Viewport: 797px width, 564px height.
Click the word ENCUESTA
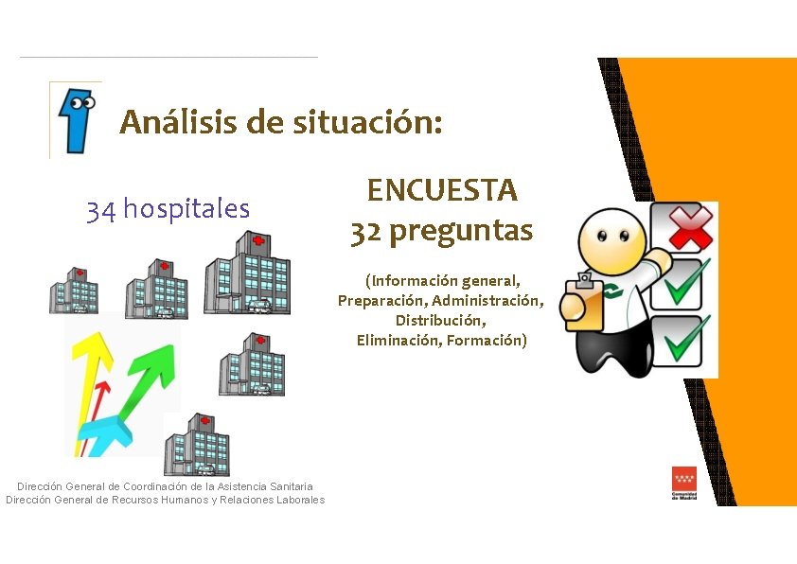coord(442,190)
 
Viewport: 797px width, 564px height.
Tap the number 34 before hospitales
coord(101,209)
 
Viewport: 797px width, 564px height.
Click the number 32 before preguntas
coord(366,231)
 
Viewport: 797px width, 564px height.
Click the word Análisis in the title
coord(177,123)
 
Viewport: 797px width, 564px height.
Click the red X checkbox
coord(688,228)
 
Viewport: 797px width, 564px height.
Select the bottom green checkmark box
coord(688,341)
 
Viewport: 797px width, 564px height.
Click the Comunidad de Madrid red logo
coord(684,483)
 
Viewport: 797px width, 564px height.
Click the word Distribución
coord(441,321)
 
